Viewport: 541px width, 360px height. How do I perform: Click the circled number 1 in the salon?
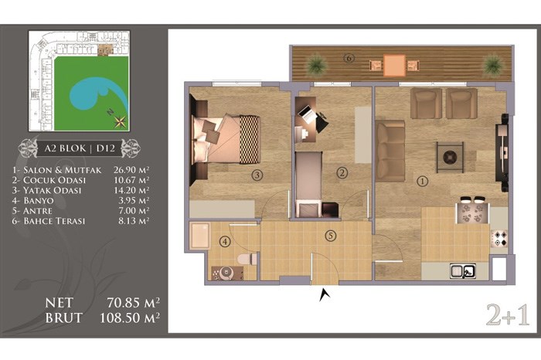pos(423,181)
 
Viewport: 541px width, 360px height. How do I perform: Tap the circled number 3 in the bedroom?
pos(257,175)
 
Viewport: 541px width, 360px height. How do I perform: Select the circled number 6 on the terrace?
pos(349,58)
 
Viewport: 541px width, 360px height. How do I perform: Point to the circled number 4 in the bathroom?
pos(225,242)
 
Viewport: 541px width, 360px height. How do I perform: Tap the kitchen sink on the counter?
pos(463,270)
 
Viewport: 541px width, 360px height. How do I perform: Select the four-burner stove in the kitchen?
pos(499,238)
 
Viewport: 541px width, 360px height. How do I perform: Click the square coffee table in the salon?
pos(450,158)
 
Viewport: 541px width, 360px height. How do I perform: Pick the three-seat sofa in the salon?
pos(390,151)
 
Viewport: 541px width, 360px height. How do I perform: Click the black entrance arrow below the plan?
pos(325,295)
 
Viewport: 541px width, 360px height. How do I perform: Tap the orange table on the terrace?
pos(394,65)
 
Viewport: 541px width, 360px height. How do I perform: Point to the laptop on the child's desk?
pos(308,114)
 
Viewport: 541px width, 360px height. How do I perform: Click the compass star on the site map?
pos(121,121)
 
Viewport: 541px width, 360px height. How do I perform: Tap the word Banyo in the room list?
pos(39,201)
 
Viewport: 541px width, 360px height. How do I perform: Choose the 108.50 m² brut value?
pos(130,318)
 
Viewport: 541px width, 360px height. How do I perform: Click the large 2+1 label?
pos(508,315)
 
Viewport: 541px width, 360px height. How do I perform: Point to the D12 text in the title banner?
pos(105,148)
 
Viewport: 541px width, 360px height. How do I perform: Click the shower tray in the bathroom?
pos(199,236)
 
